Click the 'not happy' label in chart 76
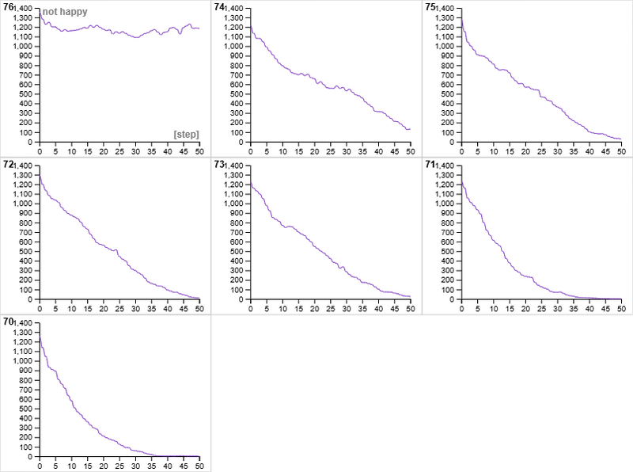65,13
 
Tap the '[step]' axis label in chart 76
186,135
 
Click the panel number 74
219,7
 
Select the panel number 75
430,7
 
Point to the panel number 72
9,164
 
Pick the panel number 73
219,164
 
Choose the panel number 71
430,164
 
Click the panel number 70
9,322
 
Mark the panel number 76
9,7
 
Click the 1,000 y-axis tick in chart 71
445,204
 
